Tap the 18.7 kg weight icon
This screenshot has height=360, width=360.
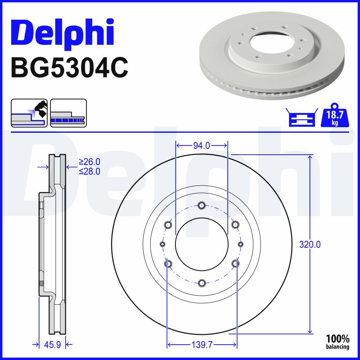[x=334, y=118]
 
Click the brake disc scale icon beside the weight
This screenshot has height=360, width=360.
[x=301, y=118]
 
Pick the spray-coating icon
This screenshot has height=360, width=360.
[x=29, y=112]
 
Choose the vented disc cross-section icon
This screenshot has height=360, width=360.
[x=68, y=112]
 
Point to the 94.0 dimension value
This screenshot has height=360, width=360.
[x=202, y=145]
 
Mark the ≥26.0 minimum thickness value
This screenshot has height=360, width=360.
[x=89, y=162]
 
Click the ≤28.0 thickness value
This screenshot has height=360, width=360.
[x=89, y=171]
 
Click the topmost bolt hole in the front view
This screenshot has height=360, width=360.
[x=202, y=206]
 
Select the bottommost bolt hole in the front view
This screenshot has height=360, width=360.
[x=202, y=283]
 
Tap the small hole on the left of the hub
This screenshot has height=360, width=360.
[x=162, y=244]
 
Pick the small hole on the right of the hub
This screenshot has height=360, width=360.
[x=241, y=244]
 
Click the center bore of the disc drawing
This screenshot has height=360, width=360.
[x=202, y=244]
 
